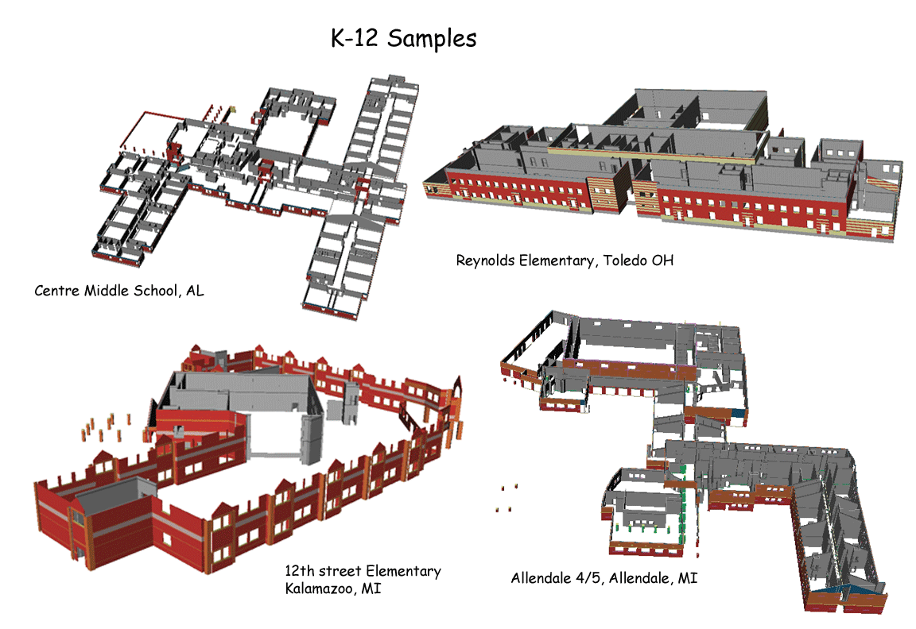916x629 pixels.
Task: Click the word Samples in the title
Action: (x=432, y=39)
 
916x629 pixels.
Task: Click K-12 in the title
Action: (x=355, y=38)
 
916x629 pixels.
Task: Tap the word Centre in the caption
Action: (x=56, y=291)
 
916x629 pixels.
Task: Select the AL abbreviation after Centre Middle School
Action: (x=195, y=291)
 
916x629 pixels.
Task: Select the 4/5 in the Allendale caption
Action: (x=589, y=578)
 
